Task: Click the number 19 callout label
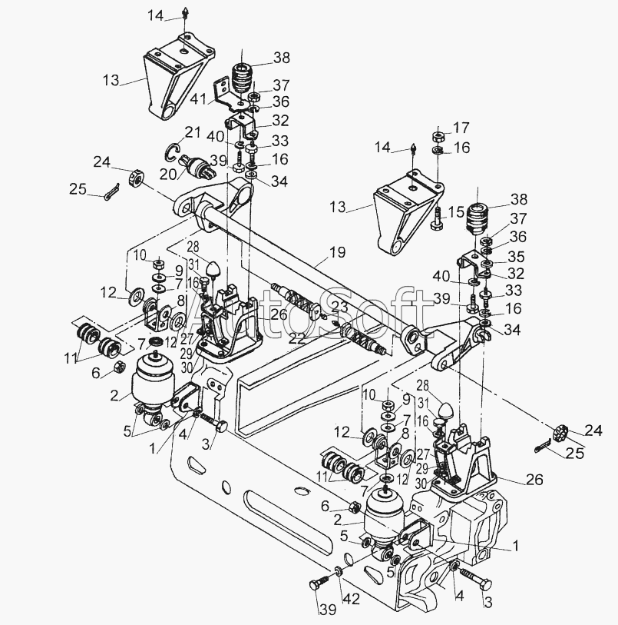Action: (x=337, y=252)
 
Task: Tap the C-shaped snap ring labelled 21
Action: (x=171, y=153)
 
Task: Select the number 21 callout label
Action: (x=192, y=132)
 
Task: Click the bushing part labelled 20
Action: (x=197, y=167)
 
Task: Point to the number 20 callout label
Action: (x=168, y=175)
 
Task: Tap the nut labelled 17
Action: (x=438, y=137)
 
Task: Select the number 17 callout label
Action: (x=461, y=128)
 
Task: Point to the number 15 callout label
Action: (x=455, y=212)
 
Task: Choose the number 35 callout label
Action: (x=516, y=256)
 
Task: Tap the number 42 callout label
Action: (x=352, y=599)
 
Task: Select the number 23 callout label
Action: (x=339, y=308)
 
